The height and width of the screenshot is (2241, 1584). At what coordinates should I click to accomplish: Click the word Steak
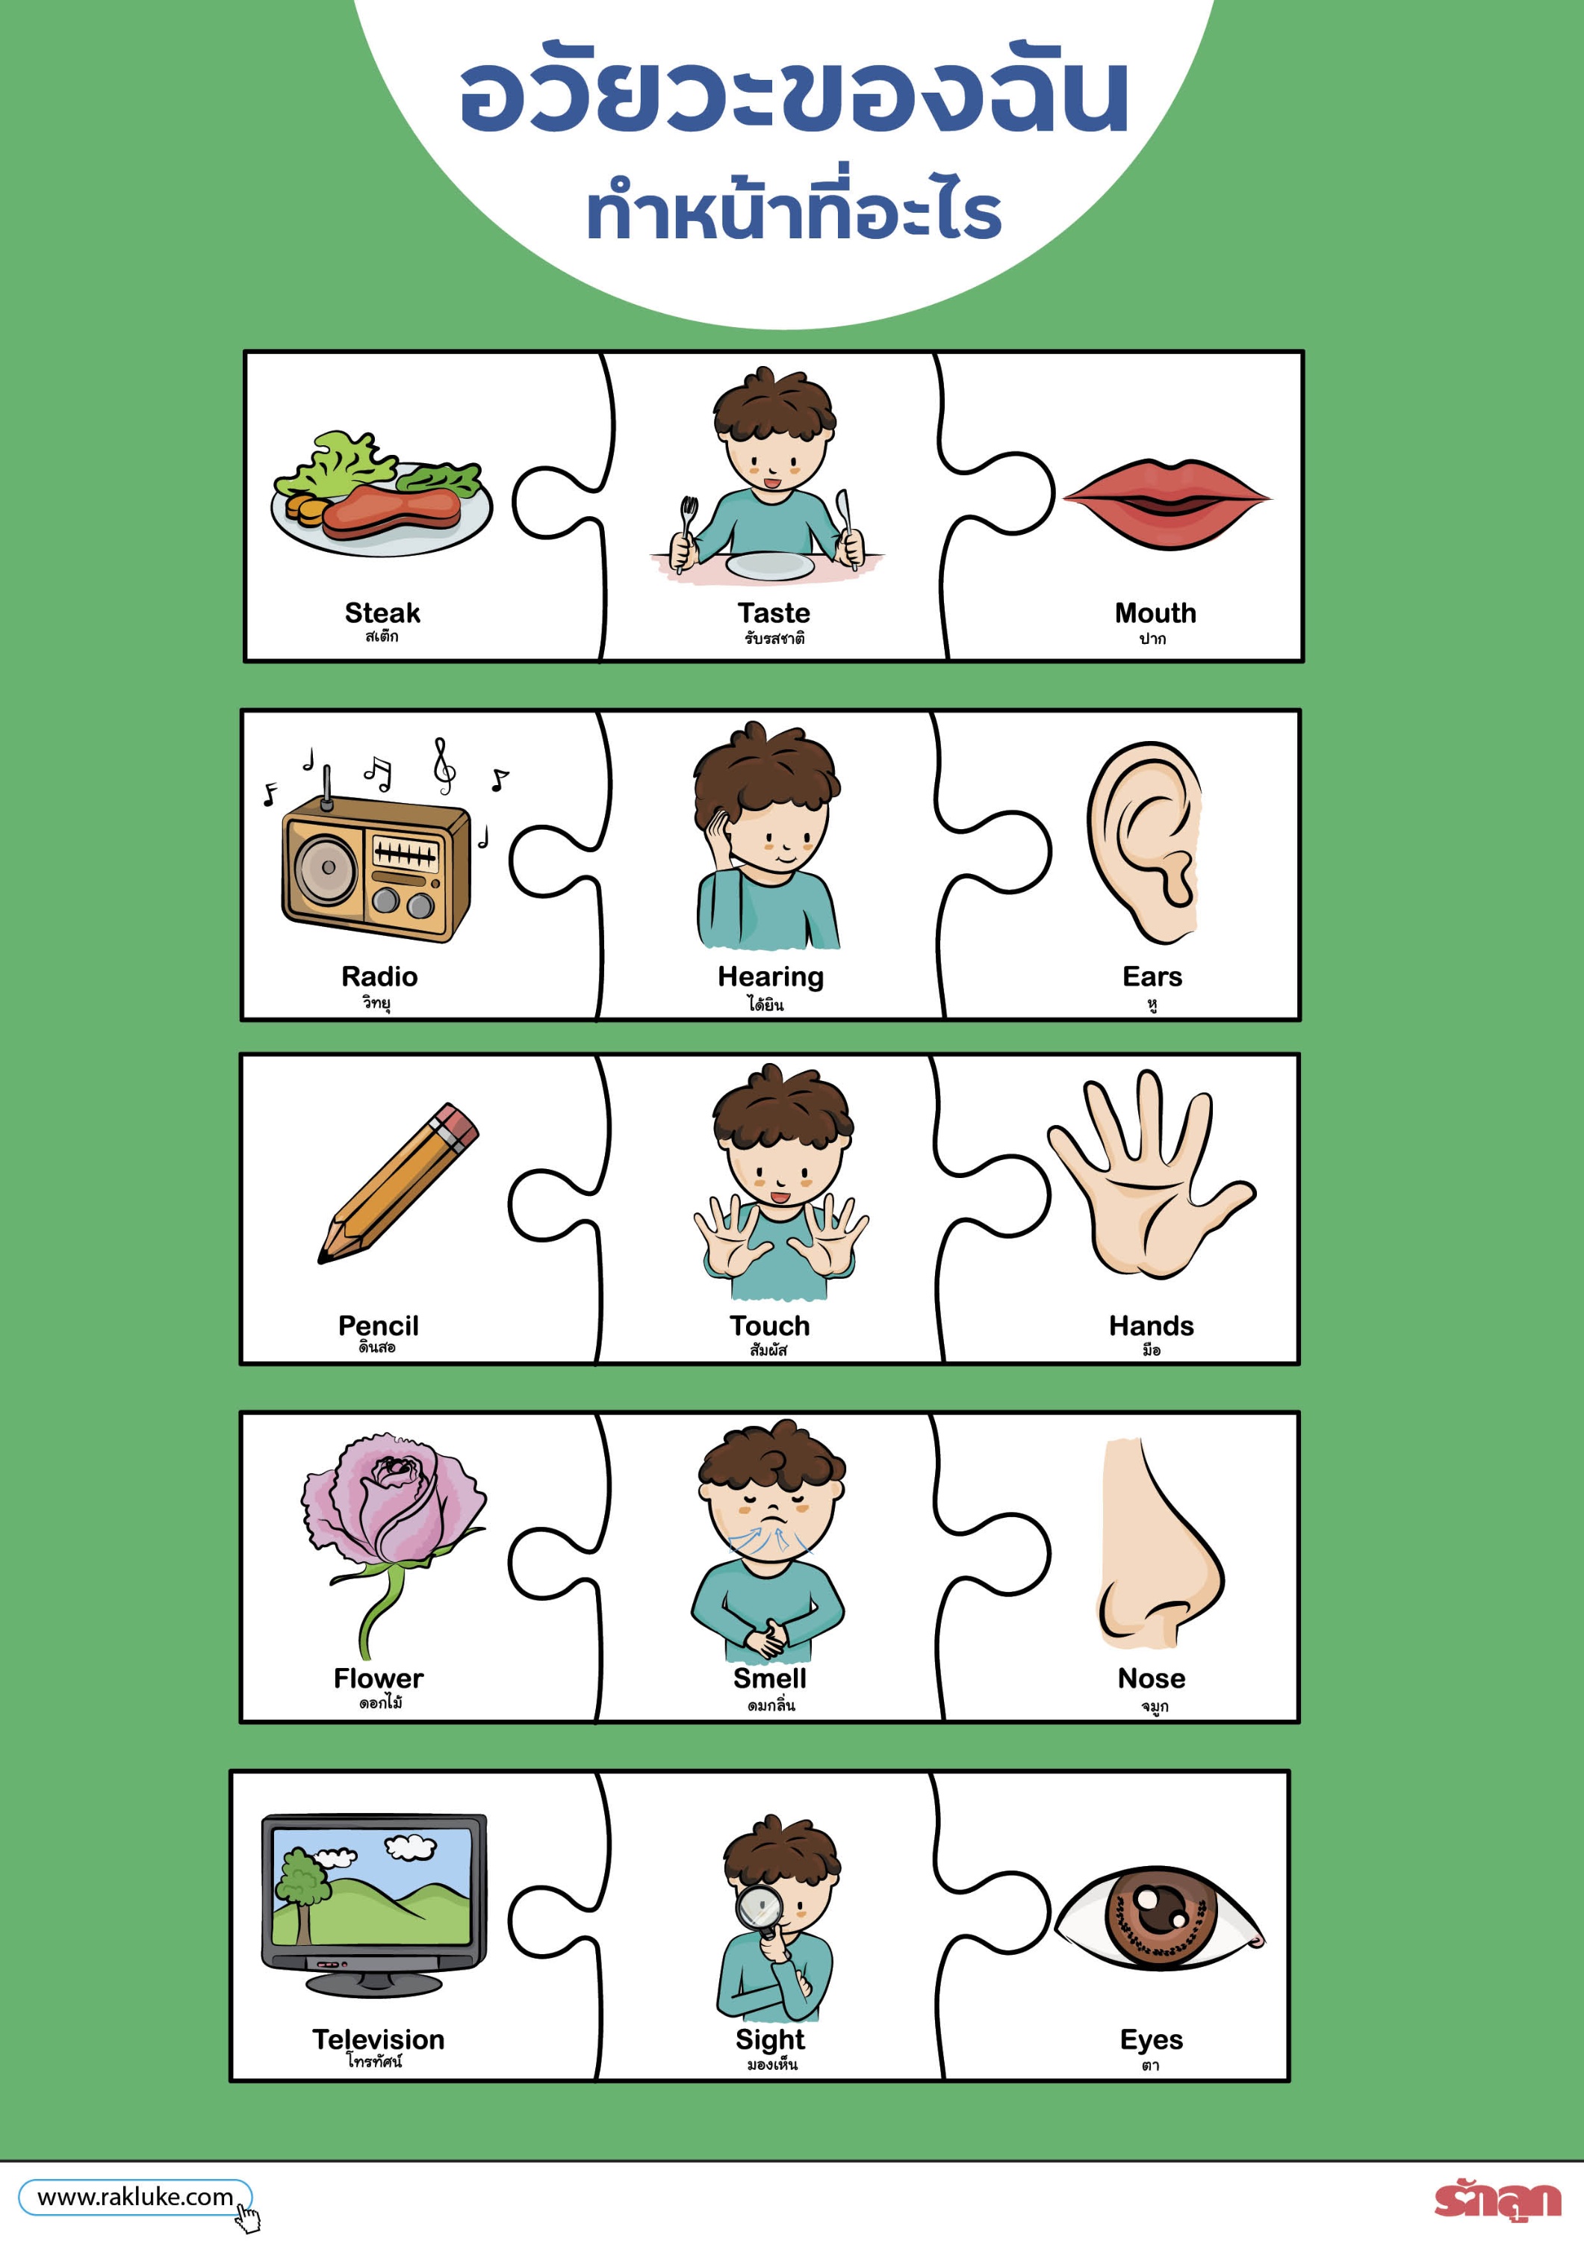coord(382,613)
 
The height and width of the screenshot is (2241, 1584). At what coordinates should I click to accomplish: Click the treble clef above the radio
coord(444,764)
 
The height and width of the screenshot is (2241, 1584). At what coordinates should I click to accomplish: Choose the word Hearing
coord(770,977)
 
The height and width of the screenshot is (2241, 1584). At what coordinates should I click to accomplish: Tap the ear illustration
coord(1144,841)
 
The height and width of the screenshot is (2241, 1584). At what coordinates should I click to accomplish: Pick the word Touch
coord(769,1325)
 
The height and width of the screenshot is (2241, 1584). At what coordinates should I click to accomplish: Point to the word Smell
coord(769,1678)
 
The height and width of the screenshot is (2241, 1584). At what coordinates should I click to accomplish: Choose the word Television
coord(378,2039)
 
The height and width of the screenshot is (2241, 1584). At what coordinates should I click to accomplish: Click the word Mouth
coord(1155,613)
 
